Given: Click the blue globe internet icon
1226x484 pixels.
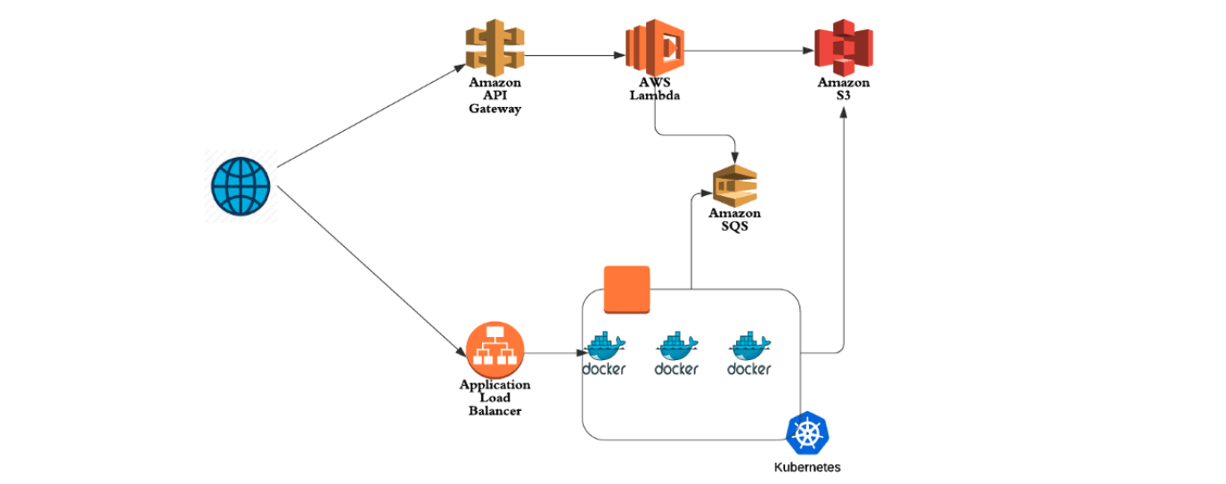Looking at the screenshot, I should coord(240,186).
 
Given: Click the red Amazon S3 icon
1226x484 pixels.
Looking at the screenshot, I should coord(843,48).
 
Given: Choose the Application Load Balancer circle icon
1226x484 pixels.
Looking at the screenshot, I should coord(494,349).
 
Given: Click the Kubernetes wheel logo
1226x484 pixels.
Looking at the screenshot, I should coord(807,433).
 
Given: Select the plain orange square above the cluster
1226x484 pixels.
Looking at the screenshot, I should coord(627,289).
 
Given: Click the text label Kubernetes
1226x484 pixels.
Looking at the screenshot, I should coord(807,467).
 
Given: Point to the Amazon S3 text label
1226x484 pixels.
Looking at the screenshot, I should coord(843,89).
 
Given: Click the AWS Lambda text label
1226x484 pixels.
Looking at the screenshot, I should coord(654,89).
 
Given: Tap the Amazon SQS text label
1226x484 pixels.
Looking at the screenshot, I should coord(734,219).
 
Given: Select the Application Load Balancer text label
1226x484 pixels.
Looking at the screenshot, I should coord(494,398).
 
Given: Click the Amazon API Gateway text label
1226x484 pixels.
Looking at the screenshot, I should coord(494,95).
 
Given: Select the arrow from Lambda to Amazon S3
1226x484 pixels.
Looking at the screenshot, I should coord(748,51).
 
